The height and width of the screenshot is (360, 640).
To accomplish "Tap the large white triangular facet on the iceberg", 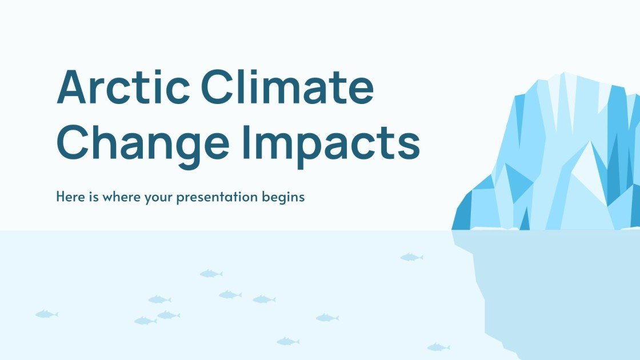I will point(583,171).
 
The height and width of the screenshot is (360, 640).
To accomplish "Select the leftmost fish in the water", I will point(46,314).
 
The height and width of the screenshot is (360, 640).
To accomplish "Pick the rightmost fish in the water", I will point(438,347).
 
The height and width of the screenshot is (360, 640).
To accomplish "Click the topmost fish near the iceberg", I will point(411,258).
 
